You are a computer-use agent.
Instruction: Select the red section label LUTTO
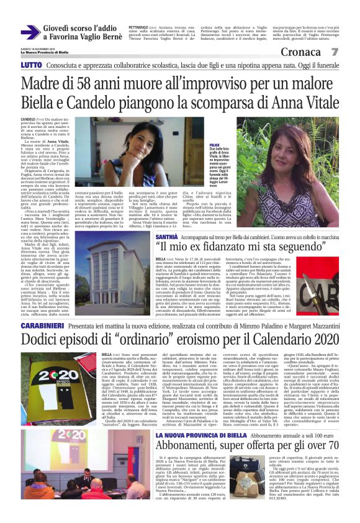tap(31, 65)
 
